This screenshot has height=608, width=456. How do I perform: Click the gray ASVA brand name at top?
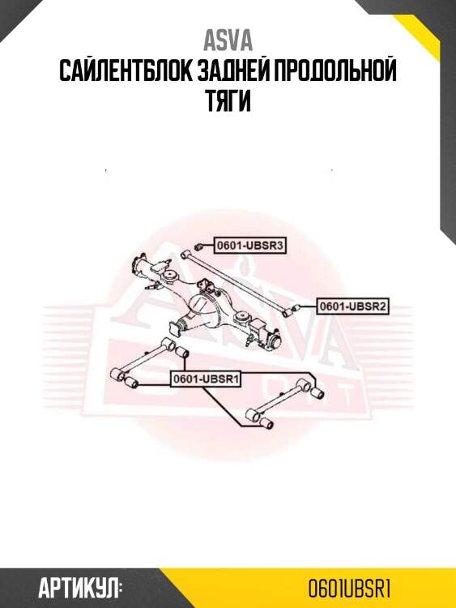[228, 41]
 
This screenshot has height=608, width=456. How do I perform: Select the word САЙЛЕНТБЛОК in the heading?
[126, 71]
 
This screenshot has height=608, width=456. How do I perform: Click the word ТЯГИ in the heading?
[228, 101]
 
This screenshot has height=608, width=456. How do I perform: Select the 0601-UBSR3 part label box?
[250, 246]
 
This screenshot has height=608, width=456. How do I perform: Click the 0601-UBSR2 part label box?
[352, 306]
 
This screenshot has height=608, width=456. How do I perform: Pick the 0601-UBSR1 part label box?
[206, 379]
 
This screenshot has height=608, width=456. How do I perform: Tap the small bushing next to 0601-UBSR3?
[198, 246]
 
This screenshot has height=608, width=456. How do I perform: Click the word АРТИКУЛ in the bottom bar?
[80, 589]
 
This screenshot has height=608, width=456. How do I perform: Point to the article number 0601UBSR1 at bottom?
[349, 589]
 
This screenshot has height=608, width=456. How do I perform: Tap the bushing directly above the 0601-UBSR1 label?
[182, 352]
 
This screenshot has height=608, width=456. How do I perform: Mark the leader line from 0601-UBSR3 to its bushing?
[208, 246]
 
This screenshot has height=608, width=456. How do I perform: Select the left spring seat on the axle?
[170, 276]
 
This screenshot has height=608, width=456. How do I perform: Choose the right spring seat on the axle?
[243, 317]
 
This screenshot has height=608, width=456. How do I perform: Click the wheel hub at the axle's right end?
[275, 341]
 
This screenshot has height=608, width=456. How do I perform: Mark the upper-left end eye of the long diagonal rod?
[185, 255]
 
